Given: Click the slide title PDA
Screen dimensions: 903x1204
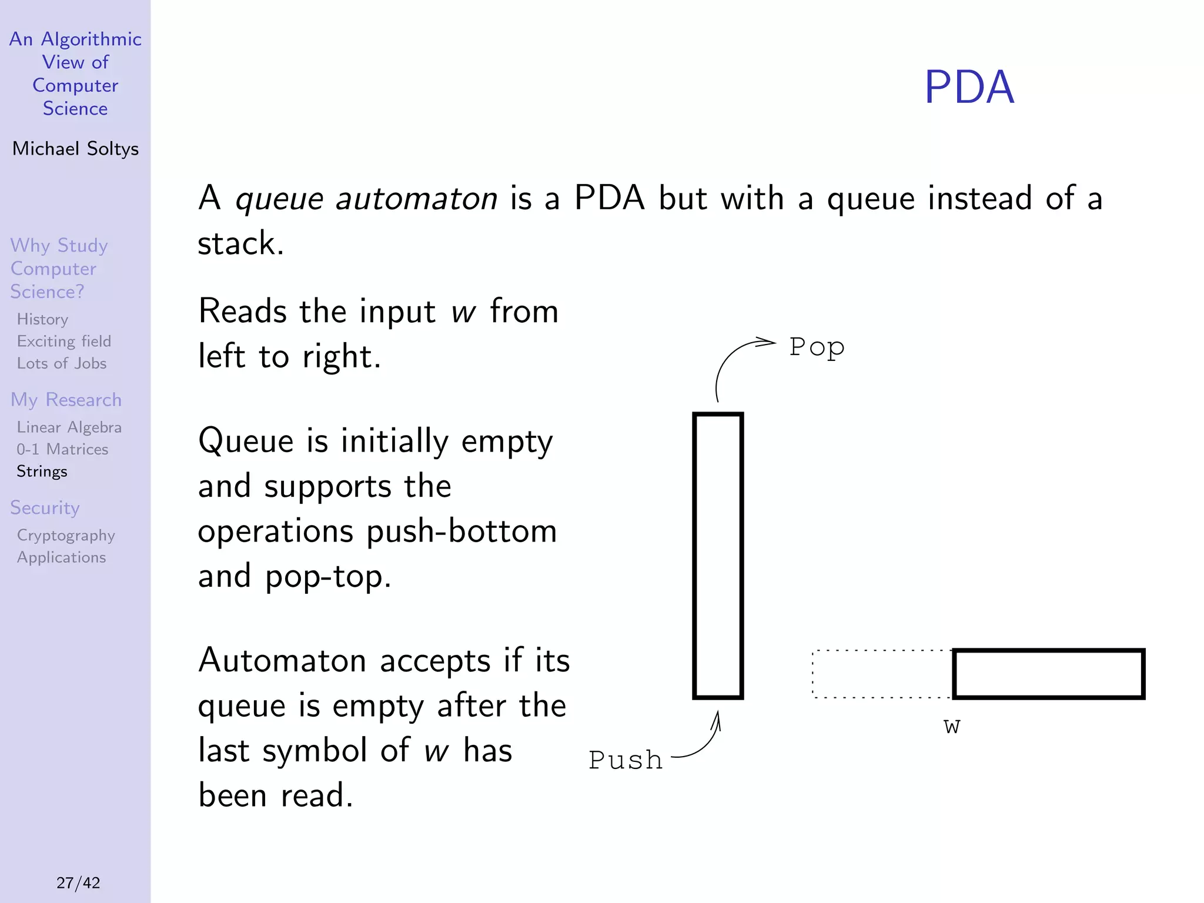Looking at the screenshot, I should (x=969, y=87).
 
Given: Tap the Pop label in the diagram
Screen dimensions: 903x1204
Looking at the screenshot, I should (x=817, y=347).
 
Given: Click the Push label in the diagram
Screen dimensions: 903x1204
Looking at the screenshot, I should (x=626, y=760).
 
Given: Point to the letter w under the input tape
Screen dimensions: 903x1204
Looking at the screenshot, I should (x=952, y=727).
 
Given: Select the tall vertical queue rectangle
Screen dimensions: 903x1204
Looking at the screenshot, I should (x=718, y=556).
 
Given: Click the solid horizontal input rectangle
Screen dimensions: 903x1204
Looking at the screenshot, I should (x=1048, y=674).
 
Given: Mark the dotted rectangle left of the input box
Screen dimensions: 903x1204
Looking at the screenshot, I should (x=882, y=674).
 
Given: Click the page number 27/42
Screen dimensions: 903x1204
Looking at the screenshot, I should (x=78, y=882).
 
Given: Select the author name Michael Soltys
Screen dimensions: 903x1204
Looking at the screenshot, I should (x=75, y=149).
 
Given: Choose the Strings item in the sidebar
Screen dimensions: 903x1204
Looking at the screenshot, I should (x=42, y=471).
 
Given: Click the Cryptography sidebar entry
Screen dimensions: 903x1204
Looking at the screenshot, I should (x=66, y=535).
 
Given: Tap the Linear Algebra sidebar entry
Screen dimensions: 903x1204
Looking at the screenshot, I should (x=69, y=427).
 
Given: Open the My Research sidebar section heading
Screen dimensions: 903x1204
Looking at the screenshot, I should (x=66, y=400).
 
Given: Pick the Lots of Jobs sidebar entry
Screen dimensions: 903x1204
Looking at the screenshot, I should (x=62, y=363).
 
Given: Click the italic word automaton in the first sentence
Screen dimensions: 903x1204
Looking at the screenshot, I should (x=416, y=199).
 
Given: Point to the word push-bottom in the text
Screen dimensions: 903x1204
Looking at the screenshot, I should (x=461, y=531).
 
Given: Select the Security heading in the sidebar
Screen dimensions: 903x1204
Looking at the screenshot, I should (x=45, y=508).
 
